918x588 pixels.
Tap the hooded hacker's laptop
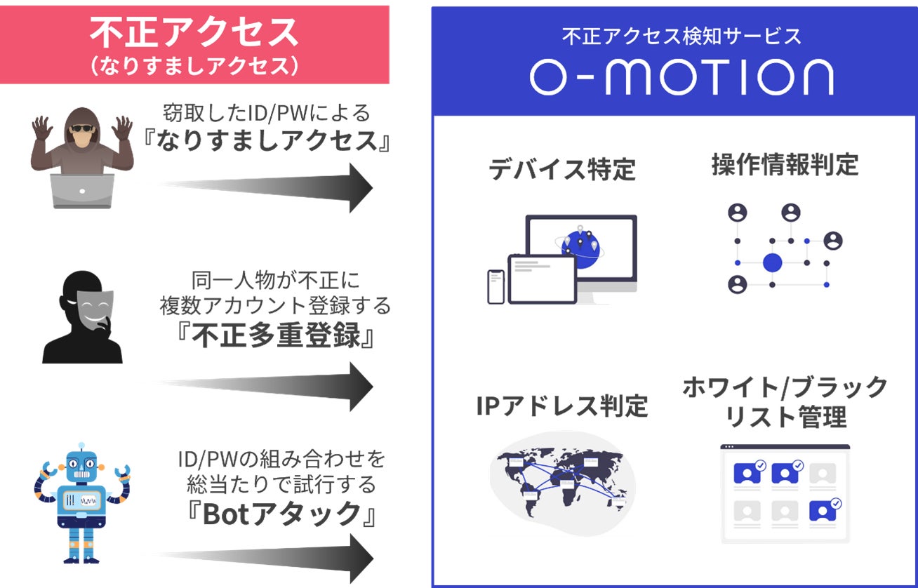pyautogui.click(x=82, y=191)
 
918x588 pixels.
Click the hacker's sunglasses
pyautogui.click(x=83, y=128)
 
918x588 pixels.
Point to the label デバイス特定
pyautogui.click(x=561, y=169)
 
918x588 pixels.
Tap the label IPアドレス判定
pyautogui.click(x=561, y=406)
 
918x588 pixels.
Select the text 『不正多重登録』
pyautogui.click(x=275, y=336)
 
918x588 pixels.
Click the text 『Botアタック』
pyautogui.click(x=275, y=514)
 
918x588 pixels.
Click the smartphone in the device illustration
pyautogui.click(x=496, y=286)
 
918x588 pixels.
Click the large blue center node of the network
pyautogui.click(x=772, y=263)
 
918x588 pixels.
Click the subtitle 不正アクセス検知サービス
pyautogui.click(x=681, y=36)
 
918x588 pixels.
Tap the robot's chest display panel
pyautogui.click(x=81, y=500)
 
